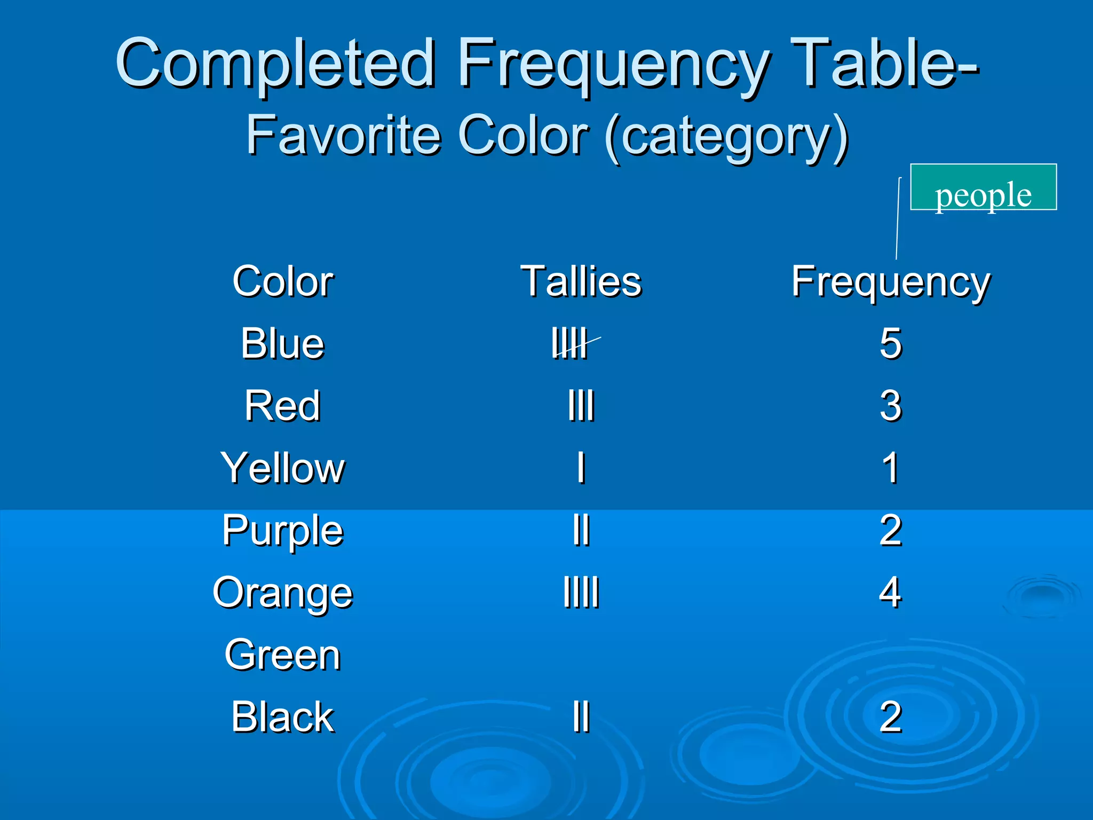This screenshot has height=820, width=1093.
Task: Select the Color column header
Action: click(x=283, y=281)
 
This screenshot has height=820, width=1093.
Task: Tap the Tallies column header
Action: click(x=581, y=281)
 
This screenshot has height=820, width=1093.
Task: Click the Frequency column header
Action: click(x=890, y=281)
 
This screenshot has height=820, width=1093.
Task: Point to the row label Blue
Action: click(x=282, y=344)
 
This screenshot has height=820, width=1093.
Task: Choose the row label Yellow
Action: click(x=282, y=468)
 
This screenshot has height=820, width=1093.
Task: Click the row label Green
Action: click(x=282, y=655)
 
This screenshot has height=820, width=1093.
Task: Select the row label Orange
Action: click(x=282, y=593)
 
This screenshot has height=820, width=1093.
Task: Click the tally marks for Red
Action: click(x=581, y=406)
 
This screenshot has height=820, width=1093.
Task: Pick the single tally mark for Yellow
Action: click(x=581, y=468)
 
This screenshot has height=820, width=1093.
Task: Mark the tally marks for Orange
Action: click(x=581, y=593)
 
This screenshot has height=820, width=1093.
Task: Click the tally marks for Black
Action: click(x=581, y=717)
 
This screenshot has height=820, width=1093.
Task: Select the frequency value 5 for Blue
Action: click(x=890, y=344)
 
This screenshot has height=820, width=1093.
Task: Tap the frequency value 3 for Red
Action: click(x=890, y=406)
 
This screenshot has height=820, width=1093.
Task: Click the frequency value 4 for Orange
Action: click(x=890, y=593)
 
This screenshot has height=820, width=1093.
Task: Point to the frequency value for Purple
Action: click(x=890, y=531)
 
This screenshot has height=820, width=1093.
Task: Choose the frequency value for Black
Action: click(x=890, y=717)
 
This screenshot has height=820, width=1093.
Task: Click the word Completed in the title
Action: click(x=275, y=64)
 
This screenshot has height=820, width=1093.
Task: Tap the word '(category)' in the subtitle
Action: click(x=727, y=137)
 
